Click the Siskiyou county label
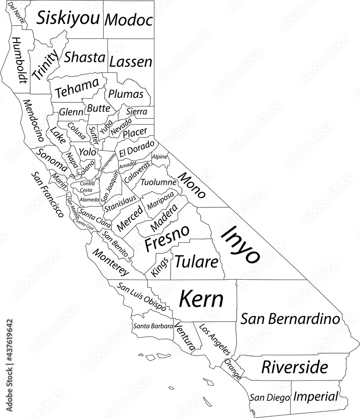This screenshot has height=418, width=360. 69,18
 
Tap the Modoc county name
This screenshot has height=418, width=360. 128,20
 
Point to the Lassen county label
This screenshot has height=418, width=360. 130,62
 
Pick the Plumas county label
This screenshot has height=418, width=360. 126,94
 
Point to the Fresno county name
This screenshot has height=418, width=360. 166,237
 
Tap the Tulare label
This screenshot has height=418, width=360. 196,262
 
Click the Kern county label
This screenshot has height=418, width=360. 201,299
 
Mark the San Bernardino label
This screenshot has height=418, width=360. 290,319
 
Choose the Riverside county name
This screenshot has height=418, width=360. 294,367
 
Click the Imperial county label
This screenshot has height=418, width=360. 315,396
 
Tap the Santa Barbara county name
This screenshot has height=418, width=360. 153,326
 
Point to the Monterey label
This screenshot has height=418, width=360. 110,263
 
